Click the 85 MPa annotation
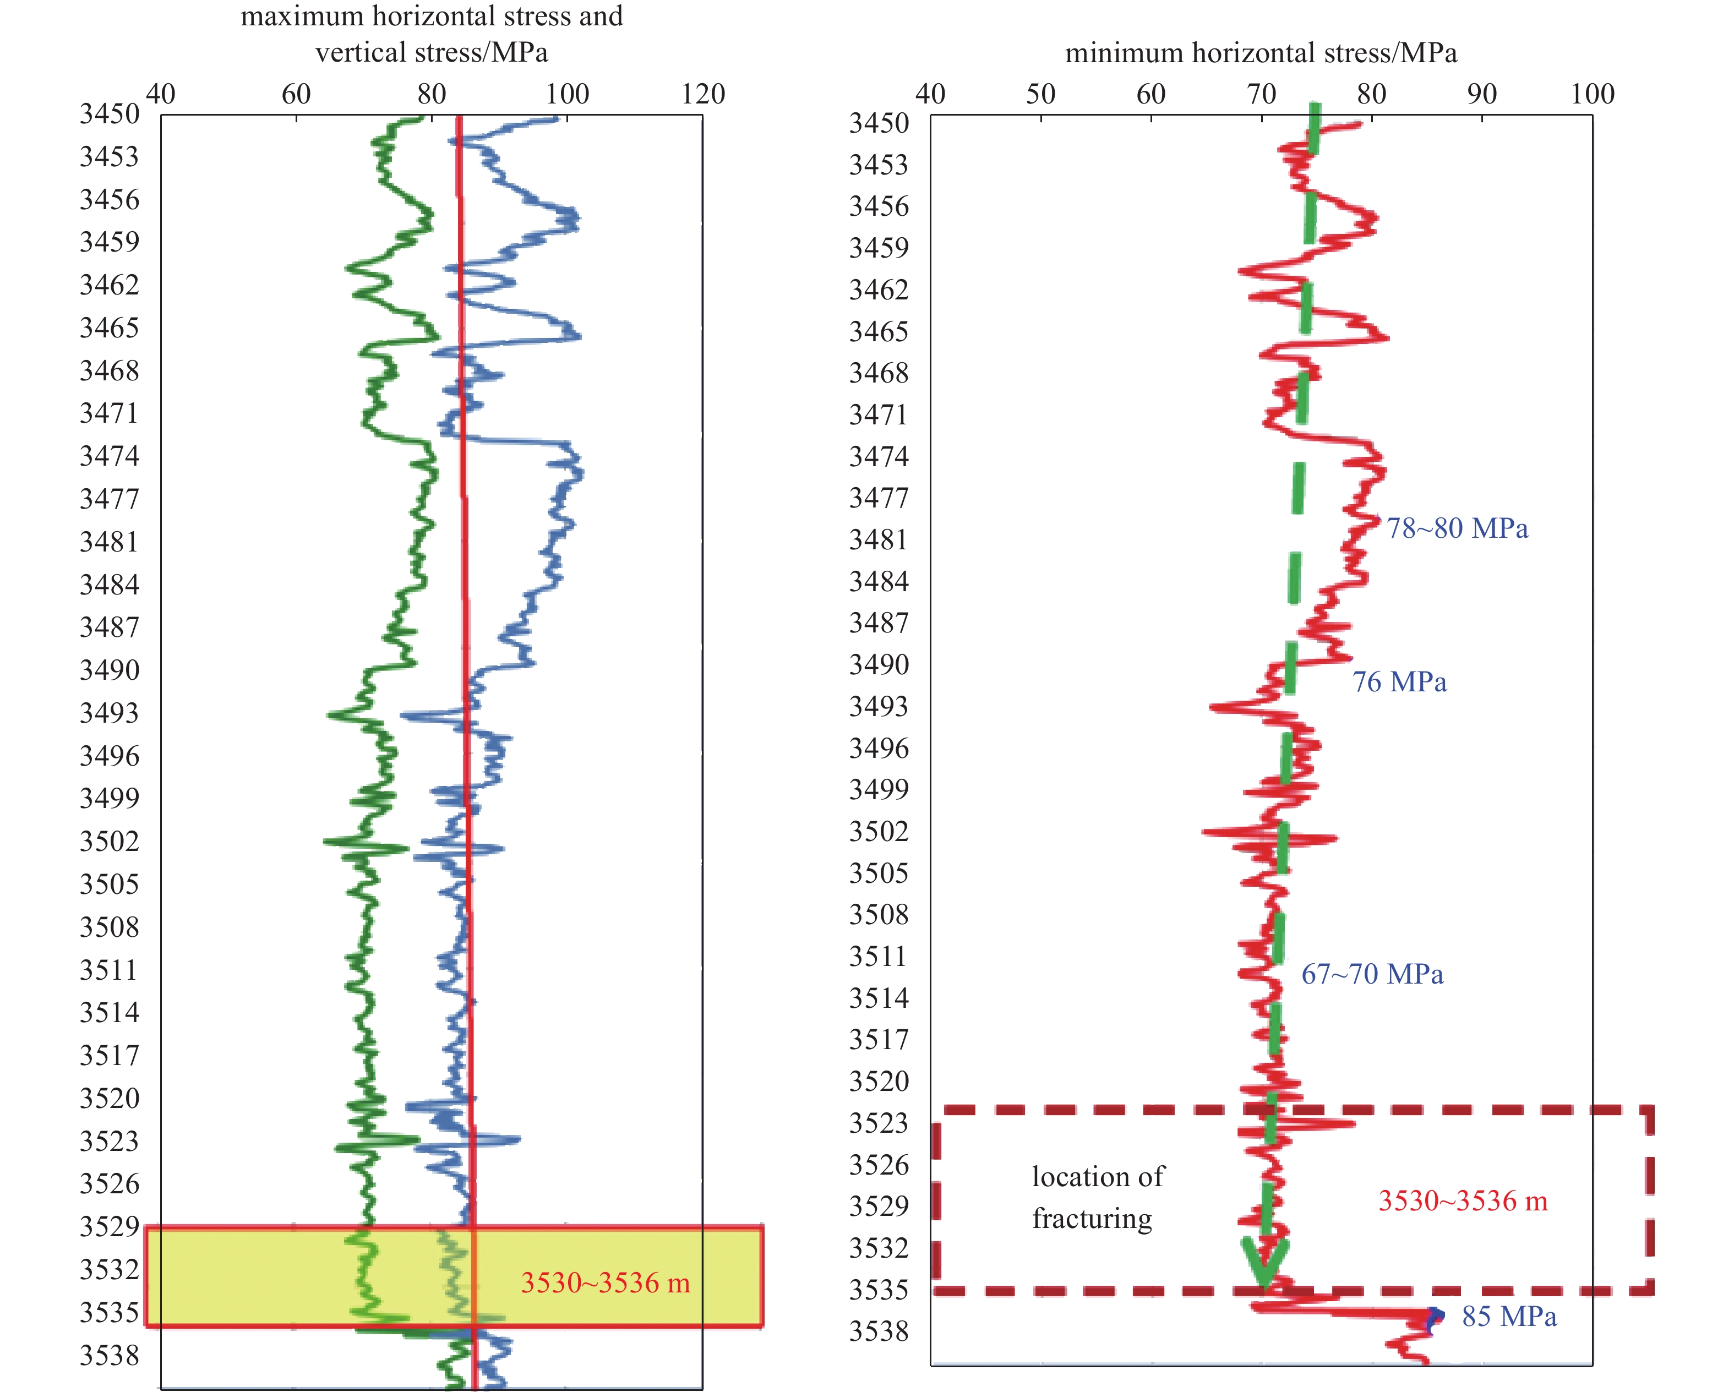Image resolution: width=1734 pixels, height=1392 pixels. pos(1509,1317)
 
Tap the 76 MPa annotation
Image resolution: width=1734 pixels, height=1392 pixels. pos(1399,682)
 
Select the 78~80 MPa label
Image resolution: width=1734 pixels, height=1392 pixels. pos(1457,528)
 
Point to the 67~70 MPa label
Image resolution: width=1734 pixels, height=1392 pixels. pos(1372,974)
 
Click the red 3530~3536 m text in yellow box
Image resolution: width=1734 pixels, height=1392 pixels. pos(606,1282)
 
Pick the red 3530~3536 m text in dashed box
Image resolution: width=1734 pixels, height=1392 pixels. pos(1463,1200)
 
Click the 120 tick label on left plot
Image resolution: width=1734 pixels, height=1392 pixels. pos(703,94)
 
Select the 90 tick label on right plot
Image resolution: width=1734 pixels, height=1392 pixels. pos(1481,94)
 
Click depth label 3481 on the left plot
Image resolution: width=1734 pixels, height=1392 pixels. pos(110,541)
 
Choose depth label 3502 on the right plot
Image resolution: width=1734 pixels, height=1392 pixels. pos(879,831)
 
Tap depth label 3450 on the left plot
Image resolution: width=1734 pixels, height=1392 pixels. pos(110,114)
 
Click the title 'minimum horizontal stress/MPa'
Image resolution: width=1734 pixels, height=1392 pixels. pos(1260,53)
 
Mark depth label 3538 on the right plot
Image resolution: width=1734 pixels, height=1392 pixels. pos(879,1331)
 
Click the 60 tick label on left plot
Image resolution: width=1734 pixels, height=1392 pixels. pos(296,94)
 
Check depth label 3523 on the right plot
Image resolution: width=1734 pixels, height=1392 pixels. pos(879,1123)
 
